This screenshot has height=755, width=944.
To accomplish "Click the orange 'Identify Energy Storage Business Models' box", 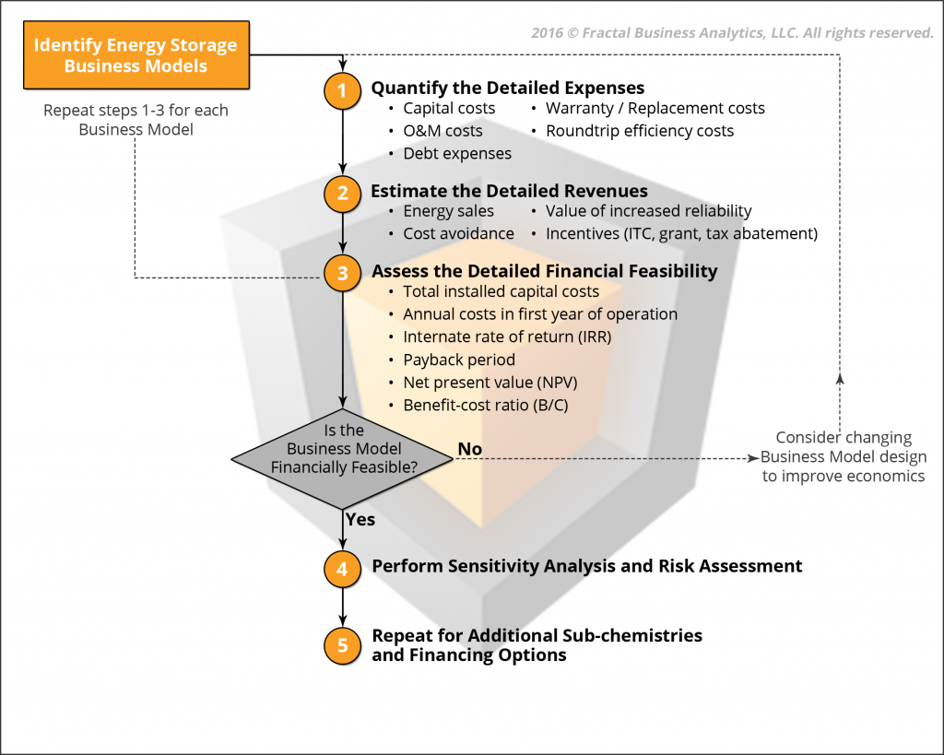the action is (136, 55).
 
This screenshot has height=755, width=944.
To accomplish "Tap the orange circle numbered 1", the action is (343, 91).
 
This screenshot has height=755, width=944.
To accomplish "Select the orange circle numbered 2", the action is (343, 194).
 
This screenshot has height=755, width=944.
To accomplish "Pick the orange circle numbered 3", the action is (343, 273).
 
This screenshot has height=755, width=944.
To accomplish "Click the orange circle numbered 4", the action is (343, 569).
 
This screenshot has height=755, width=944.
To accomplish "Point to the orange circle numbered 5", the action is (343, 646).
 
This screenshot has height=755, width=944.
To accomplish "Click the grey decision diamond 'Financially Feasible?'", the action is (343, 459).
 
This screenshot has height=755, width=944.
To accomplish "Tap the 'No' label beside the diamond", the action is (469, 449).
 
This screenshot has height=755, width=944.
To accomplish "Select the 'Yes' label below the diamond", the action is (360, 520).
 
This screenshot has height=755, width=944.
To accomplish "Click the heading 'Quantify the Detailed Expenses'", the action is (508, 88).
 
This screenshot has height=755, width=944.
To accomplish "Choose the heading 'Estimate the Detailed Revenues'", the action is (509, 191).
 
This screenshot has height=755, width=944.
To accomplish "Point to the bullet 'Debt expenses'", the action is (457, 154).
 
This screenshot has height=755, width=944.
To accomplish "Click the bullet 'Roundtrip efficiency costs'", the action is (640, 131).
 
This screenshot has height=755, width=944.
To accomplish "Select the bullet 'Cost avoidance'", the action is (459, 233).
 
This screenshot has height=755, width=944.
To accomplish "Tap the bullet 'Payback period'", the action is (459, 360).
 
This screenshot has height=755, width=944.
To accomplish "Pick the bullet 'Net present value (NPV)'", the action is (490, 383).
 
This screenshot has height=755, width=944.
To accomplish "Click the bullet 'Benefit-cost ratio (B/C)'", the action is (486, 406).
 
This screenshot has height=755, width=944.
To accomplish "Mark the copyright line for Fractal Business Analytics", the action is (732, 33).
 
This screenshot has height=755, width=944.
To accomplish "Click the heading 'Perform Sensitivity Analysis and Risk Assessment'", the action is (587, 566).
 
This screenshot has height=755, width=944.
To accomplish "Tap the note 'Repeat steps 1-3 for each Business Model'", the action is (136, 120).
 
